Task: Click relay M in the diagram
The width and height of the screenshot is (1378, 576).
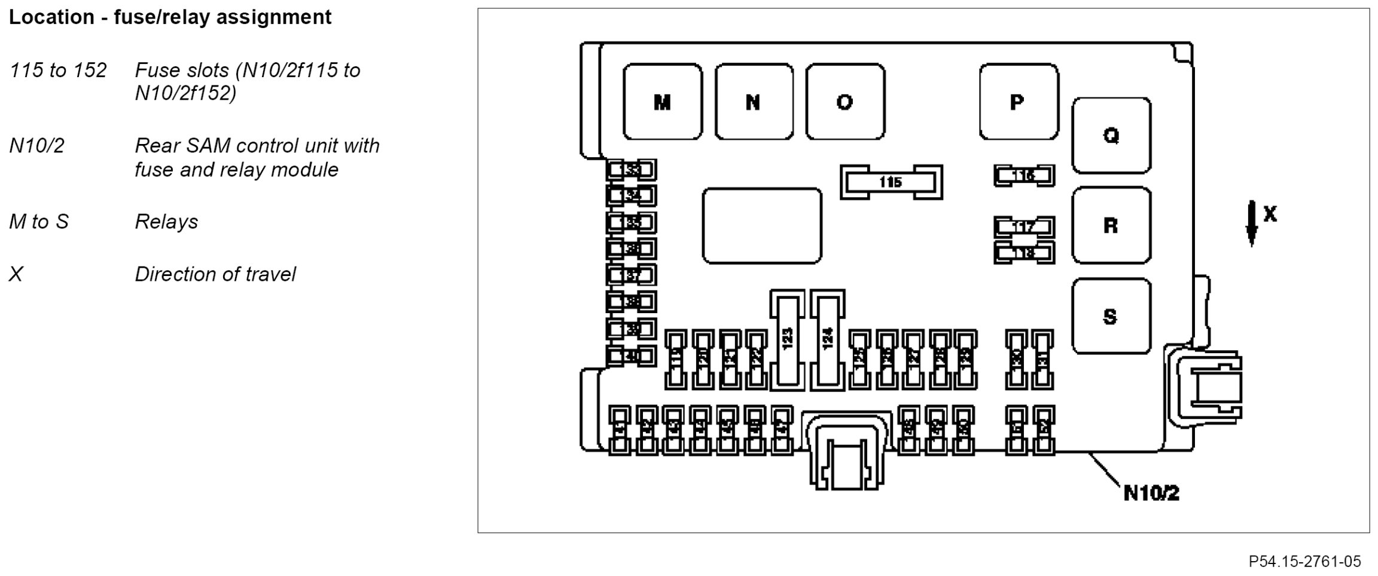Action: coord(662,102)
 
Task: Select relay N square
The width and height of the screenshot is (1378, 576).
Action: coord(754,102)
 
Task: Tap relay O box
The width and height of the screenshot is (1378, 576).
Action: coord(845,102)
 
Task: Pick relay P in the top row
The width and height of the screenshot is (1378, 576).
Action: coord(1018,102)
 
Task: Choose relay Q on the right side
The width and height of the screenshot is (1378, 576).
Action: coord(1111,136)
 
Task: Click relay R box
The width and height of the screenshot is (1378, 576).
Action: coord(1111,225)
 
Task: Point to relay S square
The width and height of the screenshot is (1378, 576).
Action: coord(1111,316)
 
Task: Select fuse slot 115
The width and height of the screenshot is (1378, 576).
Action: coord(891,182)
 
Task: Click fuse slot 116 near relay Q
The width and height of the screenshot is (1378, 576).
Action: coord(1024,175)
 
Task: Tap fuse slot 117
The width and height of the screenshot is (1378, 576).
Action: coord(1024,227)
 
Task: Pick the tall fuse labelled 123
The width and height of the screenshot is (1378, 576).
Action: coord(788,340)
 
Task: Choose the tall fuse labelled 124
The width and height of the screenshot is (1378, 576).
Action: coord(828,340)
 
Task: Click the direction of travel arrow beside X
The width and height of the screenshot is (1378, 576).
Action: coord(1251,224)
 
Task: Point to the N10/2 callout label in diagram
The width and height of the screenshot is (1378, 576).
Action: coord(1151,493)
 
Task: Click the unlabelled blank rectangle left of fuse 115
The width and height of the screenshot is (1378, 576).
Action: coord(761,225)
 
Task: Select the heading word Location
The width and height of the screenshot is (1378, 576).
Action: coord(51,17)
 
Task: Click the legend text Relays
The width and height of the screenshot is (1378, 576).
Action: coord(166,222)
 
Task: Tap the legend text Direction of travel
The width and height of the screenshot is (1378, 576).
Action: coord(215,274)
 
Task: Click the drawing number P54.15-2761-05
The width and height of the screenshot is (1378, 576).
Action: coord(1304,562)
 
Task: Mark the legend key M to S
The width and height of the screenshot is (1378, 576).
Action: coord(39,222)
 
